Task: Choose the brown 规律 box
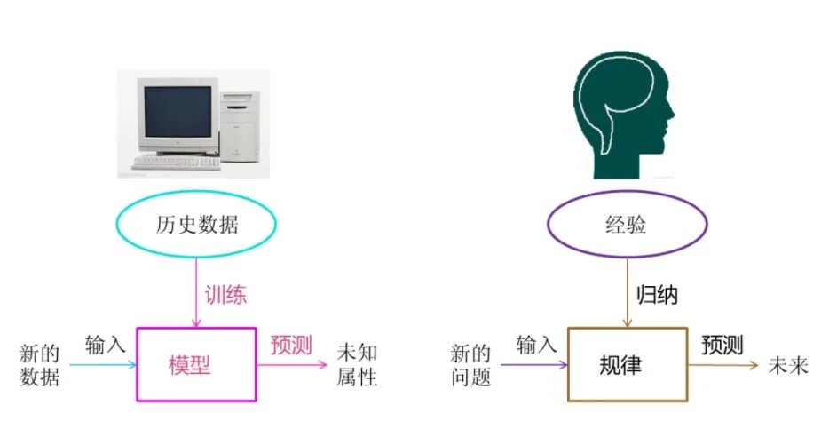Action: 627,363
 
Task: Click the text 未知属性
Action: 357,364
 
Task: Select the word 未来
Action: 788,365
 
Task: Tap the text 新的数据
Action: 40,365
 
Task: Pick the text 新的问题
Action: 470,365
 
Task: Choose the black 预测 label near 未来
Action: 722,345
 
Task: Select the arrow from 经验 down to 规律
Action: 627,293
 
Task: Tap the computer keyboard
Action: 175,163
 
